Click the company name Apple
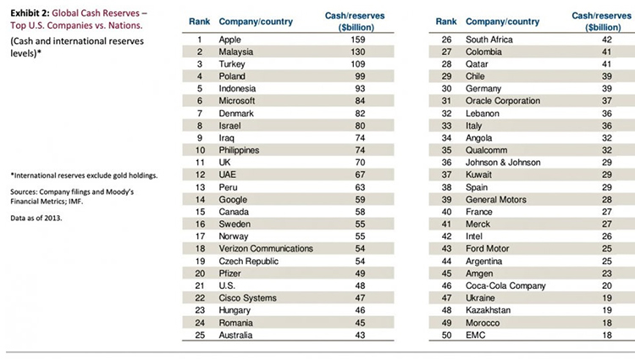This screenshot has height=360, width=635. pos(230,39)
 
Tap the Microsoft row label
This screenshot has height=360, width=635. pos(237,101)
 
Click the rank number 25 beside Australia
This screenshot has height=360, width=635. pos(200,335)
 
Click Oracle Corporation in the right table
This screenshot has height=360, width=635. pos(503,101)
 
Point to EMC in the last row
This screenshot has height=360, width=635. pos(477,335)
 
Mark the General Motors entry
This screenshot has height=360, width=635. pos(497,199)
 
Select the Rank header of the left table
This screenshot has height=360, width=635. pos(200,21)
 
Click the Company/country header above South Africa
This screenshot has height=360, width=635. pos(502,21)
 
